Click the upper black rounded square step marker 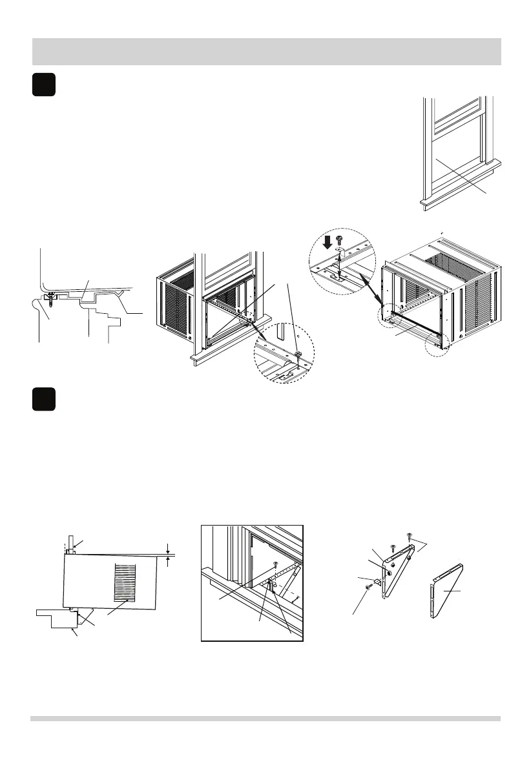pos(44,86)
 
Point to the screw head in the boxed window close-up pos(276,564)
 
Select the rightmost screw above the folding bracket pos(409,535)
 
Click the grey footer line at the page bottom pos(265,718)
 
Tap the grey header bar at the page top pos(265,52)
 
